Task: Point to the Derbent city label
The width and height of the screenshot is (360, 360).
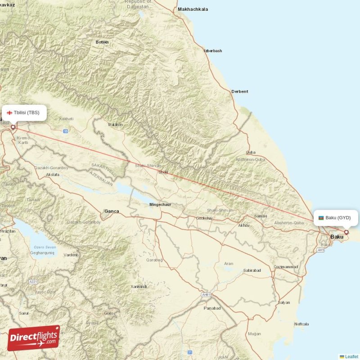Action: click(239, 91)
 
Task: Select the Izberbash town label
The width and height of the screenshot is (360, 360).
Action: click(213, 51)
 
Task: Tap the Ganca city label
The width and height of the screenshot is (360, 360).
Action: click(111, 211)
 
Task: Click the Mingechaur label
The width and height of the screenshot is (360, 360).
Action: click(160, 205)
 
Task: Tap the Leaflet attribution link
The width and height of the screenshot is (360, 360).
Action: click(351, 356)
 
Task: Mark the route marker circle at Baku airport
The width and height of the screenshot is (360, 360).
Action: click(346, 233)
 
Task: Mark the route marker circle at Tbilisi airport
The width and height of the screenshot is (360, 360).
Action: click(13, 127)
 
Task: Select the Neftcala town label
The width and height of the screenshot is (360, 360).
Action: click(301, 324)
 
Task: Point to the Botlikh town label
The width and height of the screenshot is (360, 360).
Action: click(102, 42)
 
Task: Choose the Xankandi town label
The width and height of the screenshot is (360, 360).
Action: click(139, 287)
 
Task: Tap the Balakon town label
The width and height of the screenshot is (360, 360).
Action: click(115, 125)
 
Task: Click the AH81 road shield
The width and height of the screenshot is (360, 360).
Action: click(207, 295)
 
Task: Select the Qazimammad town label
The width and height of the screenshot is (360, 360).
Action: click(285, 267)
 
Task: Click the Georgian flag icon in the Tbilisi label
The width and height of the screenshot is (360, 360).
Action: click(9, 112)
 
